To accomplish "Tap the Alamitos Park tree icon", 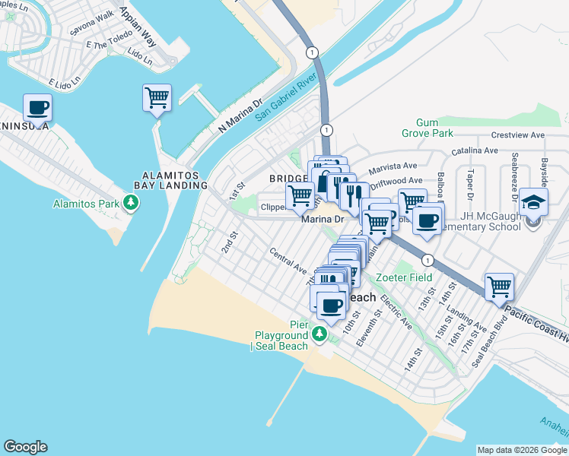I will tap(132, 204).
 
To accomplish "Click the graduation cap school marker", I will tap(533, 204).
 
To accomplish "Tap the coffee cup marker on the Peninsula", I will tap(37, 108).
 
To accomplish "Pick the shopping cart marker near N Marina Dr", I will tap(157, 99).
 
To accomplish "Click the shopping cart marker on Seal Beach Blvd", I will tap(499, 288).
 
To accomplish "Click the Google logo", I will tap(25, 447).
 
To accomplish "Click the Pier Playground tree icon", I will tap(321, 335).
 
